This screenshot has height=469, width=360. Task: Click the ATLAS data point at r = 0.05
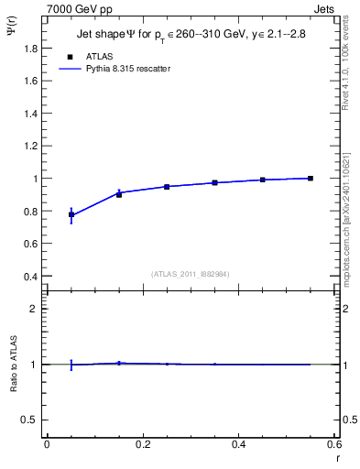[71, 214]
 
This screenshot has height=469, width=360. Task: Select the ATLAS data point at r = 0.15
[119, 194]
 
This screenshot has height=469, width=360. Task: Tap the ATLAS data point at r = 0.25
[167, 187]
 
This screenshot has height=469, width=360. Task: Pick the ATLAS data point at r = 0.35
[215, 183]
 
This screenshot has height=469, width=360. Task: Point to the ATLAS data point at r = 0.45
[263, 180]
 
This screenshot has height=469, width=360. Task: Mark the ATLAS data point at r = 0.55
[311, 178]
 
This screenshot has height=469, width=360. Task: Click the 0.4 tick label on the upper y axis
[31, 277]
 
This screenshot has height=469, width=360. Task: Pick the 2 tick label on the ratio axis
[35, 309]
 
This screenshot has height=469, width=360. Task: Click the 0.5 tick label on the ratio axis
[31, 420]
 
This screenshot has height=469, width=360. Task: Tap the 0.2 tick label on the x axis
[142, 444]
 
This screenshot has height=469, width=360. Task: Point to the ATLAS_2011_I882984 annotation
[191, 274]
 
